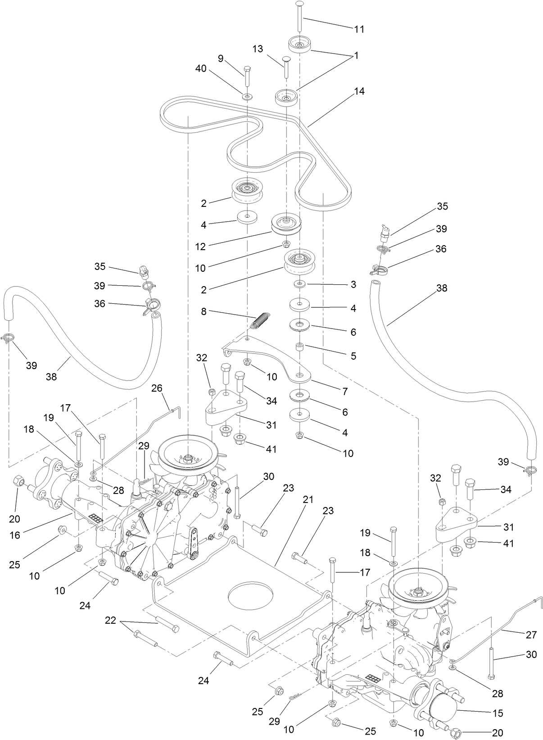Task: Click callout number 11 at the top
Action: click(359, 29)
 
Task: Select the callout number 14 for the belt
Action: click(359, 91)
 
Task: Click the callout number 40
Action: click(201, 69)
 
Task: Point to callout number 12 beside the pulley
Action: click(200, 247)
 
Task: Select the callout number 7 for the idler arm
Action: click(345, 391)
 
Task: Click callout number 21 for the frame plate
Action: click(308, 499)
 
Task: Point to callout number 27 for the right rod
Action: click(531, 635)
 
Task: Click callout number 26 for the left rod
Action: click(157, 388)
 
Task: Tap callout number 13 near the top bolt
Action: click(258, 49)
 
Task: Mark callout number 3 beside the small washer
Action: click(353, 284)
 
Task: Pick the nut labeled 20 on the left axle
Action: click(19, 480)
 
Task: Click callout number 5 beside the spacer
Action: click(353, 356)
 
